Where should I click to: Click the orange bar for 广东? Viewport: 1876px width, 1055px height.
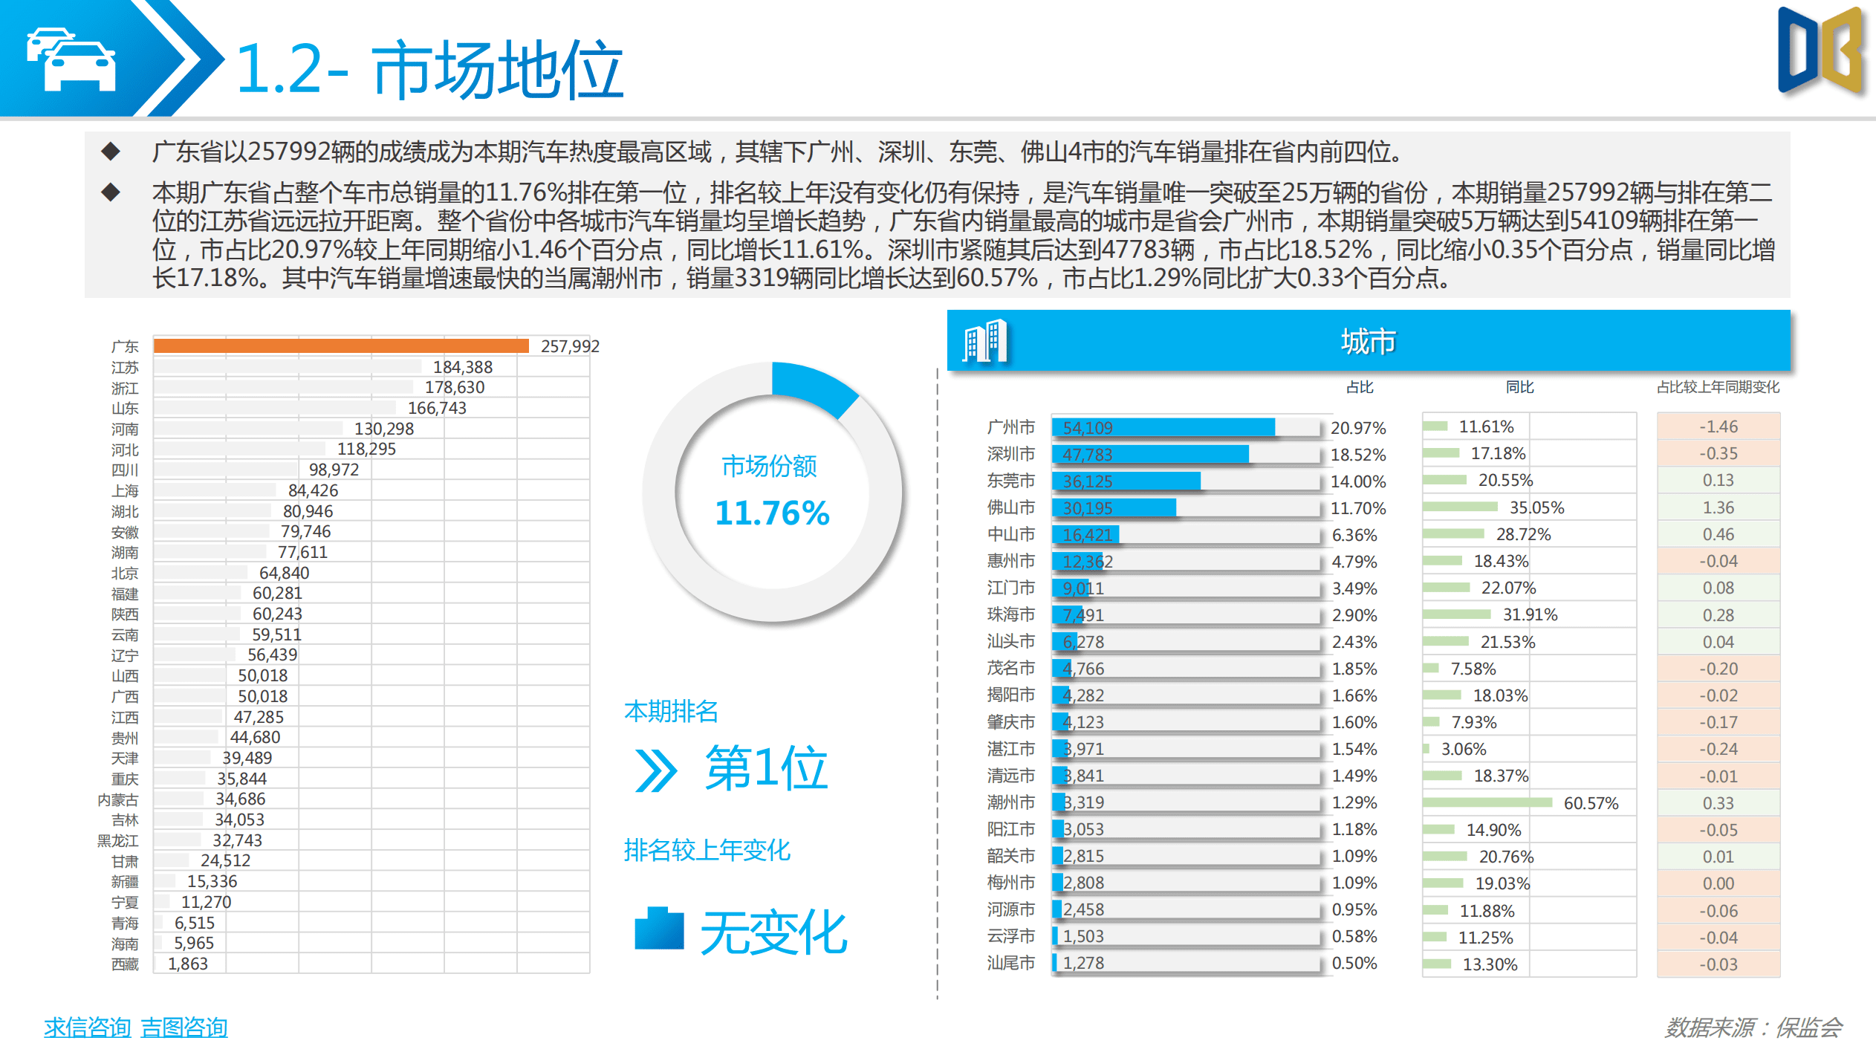click(341, 345)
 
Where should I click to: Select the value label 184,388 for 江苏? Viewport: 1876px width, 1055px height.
click(462, 367)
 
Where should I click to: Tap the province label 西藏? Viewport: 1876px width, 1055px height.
click(125, 964)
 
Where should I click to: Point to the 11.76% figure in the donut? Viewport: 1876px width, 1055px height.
click(772, 513)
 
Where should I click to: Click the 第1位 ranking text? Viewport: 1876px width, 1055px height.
click(766, 768)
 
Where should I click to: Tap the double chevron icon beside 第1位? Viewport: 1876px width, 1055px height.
click(656, 770)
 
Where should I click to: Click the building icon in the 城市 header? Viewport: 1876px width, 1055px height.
click(985, 342)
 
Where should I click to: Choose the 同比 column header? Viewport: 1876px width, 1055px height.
click(1519, 387)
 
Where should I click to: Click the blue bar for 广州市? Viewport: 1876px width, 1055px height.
click(1163, 427)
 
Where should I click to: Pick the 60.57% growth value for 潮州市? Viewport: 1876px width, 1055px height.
click(1591, 803)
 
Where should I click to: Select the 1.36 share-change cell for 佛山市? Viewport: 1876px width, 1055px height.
click(1718, 507)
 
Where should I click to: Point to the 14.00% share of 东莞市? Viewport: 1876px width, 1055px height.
click(1358, 481)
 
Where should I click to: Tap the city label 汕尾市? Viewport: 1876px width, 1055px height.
click(1010, 963)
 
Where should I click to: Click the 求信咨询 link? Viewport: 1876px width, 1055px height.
click(87, 1028)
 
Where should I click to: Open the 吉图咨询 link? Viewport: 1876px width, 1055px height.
click(184, 1028)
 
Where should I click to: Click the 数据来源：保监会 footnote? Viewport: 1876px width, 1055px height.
click(1753, 1028)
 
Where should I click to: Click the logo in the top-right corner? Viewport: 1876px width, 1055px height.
click(1821, 52)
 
